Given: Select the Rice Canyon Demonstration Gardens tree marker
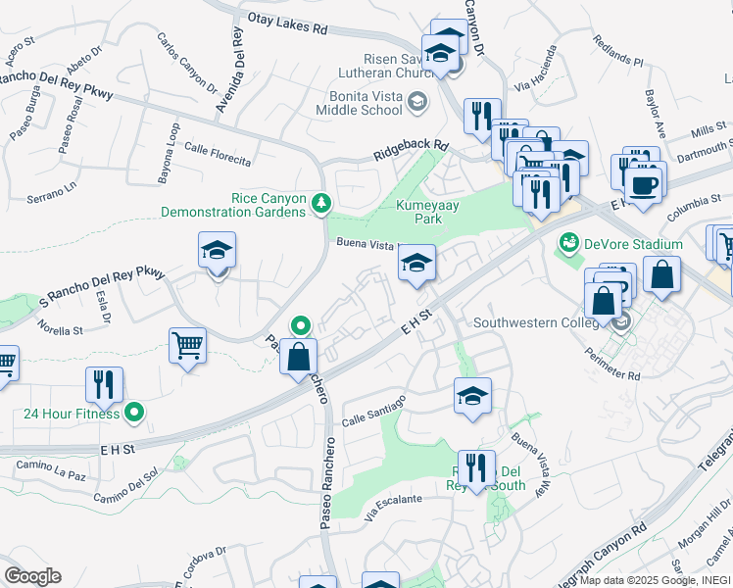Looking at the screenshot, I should coord(321,204).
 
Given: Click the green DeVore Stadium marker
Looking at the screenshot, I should coord(567,243).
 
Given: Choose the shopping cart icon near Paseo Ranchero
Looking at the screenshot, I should coord(186,346).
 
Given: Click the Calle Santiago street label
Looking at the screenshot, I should coord(373,413).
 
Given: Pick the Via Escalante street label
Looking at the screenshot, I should coord(392,505).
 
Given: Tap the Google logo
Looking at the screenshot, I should coord(32,575).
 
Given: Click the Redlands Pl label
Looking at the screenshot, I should coord(618,52).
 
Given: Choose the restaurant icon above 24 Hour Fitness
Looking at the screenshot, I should coord(104,384).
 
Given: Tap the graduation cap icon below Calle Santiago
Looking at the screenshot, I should coord(472,396).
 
